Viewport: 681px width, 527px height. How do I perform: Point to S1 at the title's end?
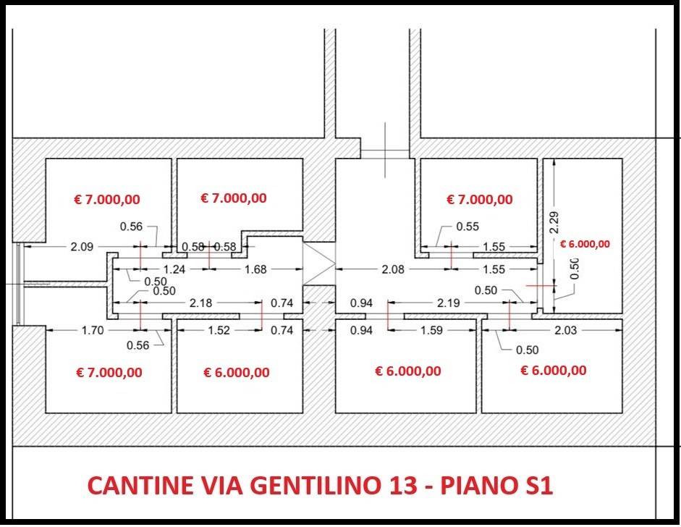[536, 486]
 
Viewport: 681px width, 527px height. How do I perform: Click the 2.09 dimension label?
[81, 247]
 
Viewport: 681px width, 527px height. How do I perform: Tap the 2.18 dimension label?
[200, 303]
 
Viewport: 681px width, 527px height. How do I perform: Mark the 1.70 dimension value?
[93, 331]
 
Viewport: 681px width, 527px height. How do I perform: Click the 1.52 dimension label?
[218, 331]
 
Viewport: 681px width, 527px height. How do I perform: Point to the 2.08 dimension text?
[393, 269]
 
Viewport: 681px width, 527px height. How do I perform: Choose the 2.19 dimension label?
[449, 303]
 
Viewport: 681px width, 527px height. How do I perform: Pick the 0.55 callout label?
[468, 227]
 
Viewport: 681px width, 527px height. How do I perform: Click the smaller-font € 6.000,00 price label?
[585, 244]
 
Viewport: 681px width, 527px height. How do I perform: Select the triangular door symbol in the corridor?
[317, 262]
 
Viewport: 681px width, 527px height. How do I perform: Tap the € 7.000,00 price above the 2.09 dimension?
[108, 200]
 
